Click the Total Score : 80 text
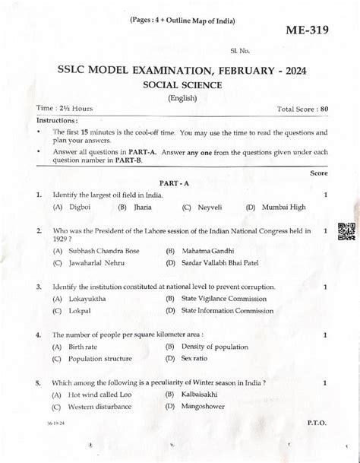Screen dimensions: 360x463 [303, 109]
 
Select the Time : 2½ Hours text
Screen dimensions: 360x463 [65, 109]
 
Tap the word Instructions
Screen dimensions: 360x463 [56, 120]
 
